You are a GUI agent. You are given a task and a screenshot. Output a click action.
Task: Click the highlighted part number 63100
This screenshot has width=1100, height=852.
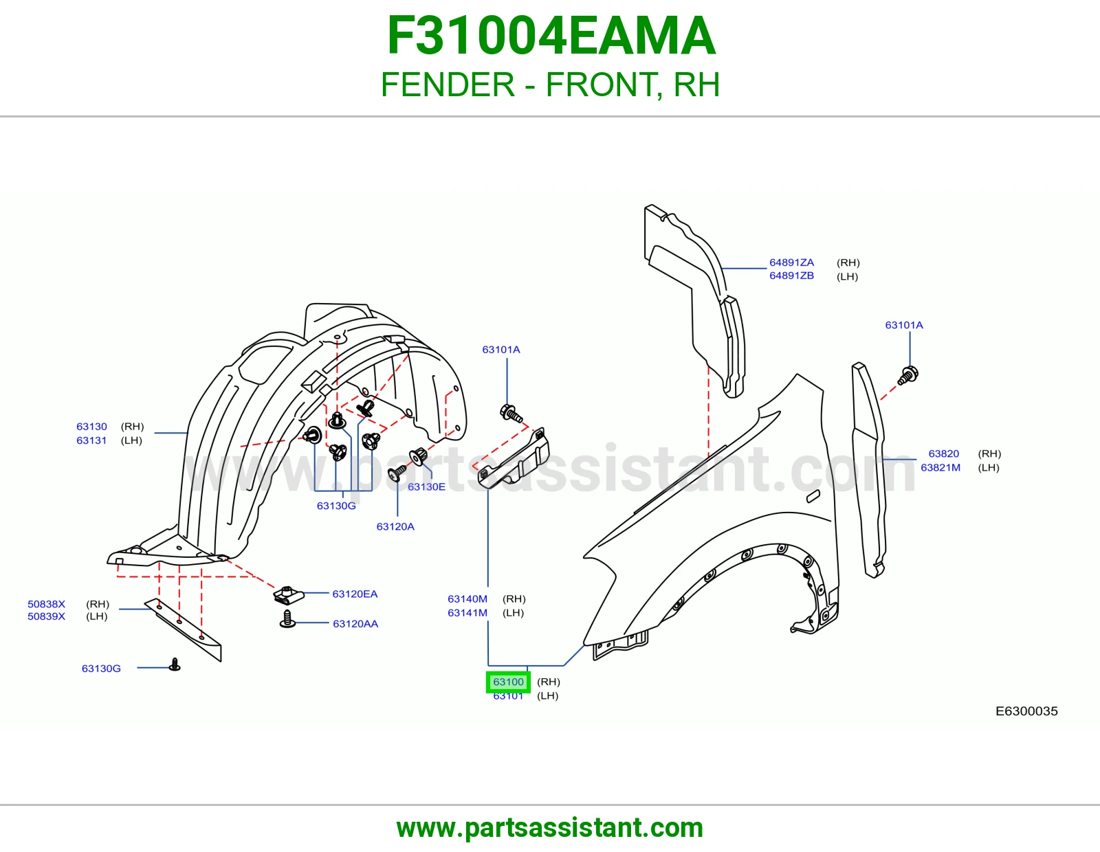click(508, 682)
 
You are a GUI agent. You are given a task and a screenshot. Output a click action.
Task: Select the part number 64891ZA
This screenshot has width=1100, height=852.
click(792, 262)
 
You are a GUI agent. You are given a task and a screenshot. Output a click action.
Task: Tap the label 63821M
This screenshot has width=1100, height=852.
click(940, 467)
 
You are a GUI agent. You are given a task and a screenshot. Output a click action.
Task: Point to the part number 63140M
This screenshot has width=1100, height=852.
click(467, 598)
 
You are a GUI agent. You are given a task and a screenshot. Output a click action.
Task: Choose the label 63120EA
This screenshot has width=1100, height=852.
click(355, 594)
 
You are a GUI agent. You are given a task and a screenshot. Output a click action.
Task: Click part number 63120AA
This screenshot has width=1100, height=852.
click(355, 623)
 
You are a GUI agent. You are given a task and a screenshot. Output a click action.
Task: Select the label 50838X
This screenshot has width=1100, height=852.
click(47, 603)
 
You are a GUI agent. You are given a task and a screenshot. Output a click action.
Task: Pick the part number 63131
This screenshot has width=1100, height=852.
click(91, 440)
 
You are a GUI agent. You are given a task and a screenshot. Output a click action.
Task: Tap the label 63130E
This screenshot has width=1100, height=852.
click(427, 486)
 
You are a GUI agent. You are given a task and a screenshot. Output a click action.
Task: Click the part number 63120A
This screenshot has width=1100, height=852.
click(395, 526)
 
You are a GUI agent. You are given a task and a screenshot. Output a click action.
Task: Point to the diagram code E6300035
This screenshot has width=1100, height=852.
click(1026, 711)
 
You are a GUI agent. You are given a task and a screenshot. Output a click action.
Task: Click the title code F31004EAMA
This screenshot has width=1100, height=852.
click(551, 36)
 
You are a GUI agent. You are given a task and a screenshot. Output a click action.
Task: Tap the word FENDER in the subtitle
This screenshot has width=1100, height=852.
click(448, 85)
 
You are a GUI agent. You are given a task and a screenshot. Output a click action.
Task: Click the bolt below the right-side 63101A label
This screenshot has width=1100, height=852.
click(907, 375)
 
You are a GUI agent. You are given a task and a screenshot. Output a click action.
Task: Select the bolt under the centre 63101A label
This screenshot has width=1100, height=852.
click(511, 414)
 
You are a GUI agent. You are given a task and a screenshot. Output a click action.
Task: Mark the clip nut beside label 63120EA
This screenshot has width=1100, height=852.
click(289, 595)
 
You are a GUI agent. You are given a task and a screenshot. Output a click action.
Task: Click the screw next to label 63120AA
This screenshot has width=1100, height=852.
click(287, 619)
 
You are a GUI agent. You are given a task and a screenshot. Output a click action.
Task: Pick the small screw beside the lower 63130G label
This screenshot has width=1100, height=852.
click(175, 664)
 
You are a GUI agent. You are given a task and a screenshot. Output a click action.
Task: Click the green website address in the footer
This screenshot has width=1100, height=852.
click(550, 828)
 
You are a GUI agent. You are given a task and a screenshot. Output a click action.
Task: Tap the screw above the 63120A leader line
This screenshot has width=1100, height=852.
click(397, 473)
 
